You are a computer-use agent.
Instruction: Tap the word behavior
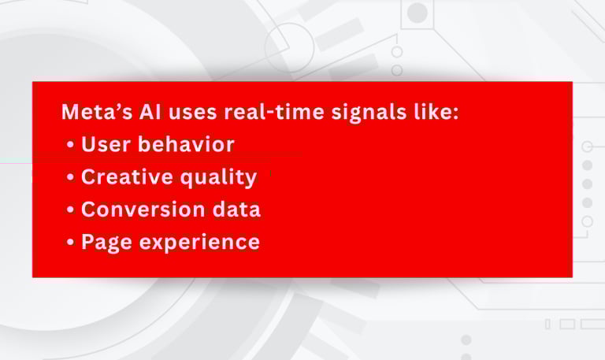pos(186,144)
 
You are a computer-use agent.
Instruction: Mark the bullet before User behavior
pos(70,145)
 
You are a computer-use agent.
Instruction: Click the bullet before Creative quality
pos(70,177)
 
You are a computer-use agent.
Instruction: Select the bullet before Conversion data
pos(70,210)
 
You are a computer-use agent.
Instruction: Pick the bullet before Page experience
pos(70,243)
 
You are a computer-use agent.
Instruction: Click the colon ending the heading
pos(455,113)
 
